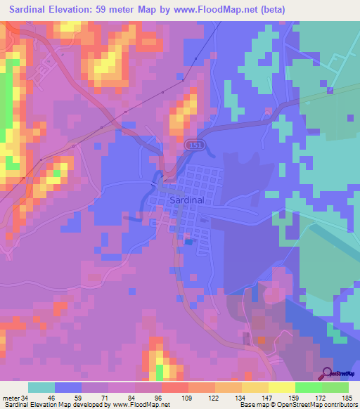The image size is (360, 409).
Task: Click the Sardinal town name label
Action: (x=187, y=200)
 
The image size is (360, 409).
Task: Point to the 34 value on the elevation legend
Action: (x=25, y=398)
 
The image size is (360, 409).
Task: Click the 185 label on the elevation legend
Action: (x=347, y=398)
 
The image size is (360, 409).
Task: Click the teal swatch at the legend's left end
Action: (x=41, y=387)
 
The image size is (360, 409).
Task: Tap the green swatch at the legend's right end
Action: (x=335, y=387)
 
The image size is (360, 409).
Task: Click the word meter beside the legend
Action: (x=11, y=398)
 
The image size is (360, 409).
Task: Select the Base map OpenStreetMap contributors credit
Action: (x=297, y=405)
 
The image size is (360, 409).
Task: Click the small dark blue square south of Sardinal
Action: (x=188, y=242)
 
